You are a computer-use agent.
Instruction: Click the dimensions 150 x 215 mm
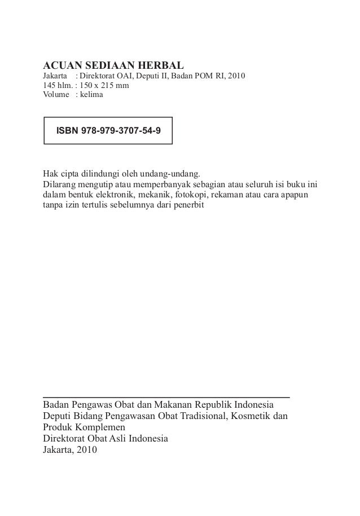[104, 85]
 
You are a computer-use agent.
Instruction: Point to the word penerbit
[192, 205]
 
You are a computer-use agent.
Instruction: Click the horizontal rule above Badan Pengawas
[166, 398]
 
